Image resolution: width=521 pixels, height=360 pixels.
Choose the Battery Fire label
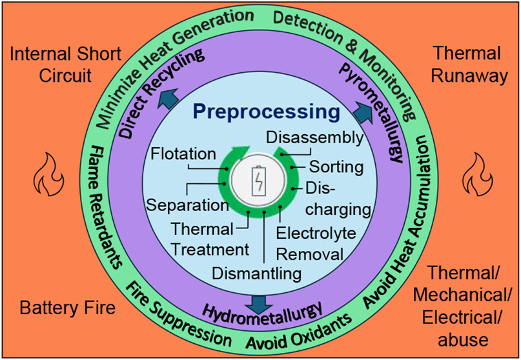(67, 307)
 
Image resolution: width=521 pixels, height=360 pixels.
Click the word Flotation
(182, 154)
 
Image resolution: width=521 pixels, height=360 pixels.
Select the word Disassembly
(315, 137)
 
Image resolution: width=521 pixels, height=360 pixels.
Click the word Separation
(187, 205)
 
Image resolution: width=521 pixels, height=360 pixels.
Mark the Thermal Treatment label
(208, 239)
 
